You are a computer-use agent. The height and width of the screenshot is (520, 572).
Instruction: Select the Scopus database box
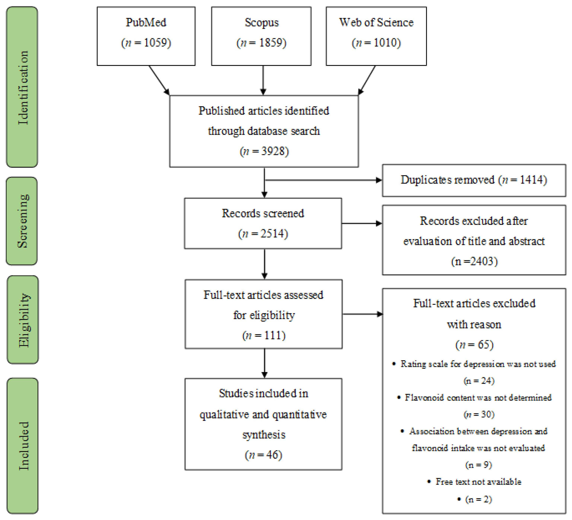[261, 36]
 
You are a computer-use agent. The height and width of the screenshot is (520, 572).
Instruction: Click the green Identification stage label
[22, 87]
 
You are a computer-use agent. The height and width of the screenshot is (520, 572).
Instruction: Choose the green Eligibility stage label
[23, 320]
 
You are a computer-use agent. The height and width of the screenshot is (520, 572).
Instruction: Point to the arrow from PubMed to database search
[159, 80]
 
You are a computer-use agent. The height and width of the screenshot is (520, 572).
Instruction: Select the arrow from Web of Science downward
[367, 80]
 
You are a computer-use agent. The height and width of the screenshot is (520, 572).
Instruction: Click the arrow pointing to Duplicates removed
[323, 180]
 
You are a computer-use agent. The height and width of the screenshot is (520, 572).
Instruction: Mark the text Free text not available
[478, 482]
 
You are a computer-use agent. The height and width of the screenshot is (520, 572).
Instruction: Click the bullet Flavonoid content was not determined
[478, 397]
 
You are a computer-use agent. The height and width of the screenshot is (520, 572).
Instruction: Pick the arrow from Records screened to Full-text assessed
[264, 264]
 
